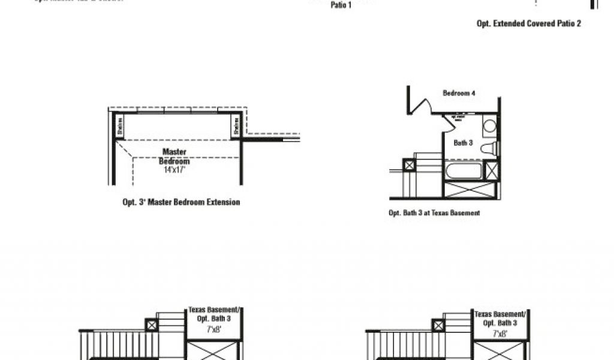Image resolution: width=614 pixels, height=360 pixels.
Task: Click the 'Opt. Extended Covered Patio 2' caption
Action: click(x=528, y=24)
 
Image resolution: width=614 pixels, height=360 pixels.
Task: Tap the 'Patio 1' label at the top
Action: click(x=341, y=5)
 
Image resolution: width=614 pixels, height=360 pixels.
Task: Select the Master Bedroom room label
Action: click(x=174, y=157)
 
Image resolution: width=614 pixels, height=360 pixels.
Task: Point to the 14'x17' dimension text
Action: click(x=174, y=170)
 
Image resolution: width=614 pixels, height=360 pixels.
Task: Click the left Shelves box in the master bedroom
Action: click(x=119, y=125)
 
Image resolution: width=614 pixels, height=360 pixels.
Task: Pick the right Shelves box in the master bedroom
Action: click(x=236, y=125)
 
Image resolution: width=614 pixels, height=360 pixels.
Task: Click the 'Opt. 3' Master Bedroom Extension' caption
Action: click(x=181, y=203)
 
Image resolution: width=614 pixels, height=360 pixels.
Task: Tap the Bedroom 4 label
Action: click(x=459, y=94)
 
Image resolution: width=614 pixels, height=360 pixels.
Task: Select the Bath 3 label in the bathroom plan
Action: click(x=463, y=143)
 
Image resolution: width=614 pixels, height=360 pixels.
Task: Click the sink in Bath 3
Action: click(x=489, y=127)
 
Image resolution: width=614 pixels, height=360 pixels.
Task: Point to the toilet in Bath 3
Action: click(x=489, y=148)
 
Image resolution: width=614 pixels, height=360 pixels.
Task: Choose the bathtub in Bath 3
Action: click(x=463, y=170)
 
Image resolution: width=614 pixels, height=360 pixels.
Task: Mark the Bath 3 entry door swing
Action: click(x=449, y=122)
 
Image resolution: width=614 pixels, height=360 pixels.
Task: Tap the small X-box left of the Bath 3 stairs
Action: click(x=410, y=165)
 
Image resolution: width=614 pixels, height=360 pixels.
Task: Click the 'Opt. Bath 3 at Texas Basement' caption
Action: click(x=434, y=213)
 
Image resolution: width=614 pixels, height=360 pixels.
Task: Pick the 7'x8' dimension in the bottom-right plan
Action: click(x=499, y=333)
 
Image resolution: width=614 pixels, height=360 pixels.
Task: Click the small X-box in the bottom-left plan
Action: click(x=151, y=325)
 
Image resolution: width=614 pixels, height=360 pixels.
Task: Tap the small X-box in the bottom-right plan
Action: click(x=438, y=325)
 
